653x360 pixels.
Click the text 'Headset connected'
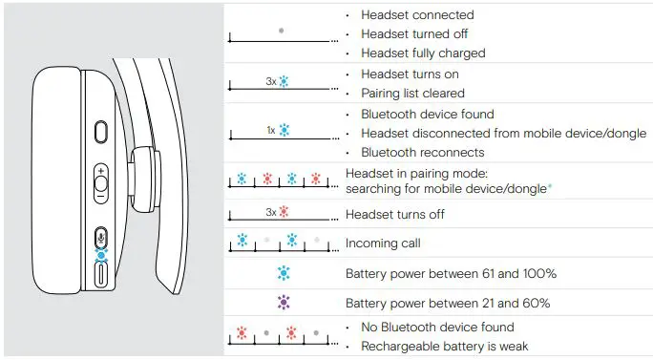(x=417, y=15)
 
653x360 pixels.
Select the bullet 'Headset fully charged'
(x=423, y=53)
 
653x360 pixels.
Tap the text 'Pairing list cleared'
(x=412, y=94)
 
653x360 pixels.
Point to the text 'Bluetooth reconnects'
(x=422, y=152)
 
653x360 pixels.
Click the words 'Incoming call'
(x=383, y=244)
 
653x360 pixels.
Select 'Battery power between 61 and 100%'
(x=451, y=274)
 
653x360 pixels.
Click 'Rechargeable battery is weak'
(x=444, y=346)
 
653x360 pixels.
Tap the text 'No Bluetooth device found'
(x=437, y=328)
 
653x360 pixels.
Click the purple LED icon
(x=282, y=304)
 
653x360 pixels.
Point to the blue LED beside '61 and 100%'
(x=282, y=274)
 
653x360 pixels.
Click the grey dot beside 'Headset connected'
(x=281, y=31)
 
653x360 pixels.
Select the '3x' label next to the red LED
(x=271, y=214)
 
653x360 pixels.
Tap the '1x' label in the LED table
(x=271, y=128)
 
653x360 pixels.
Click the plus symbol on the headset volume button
(x=101, y=170)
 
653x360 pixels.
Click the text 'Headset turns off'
(x=394, y=214)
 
